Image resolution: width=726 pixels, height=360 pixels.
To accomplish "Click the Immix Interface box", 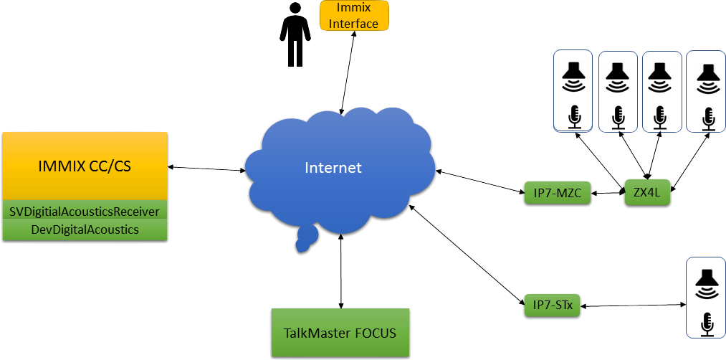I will (353, 16).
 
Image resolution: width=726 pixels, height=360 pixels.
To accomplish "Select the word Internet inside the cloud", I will (333, 168).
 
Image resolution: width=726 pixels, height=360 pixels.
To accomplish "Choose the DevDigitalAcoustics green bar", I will (85, 229).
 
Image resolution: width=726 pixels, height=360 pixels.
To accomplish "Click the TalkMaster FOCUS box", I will (340, 333).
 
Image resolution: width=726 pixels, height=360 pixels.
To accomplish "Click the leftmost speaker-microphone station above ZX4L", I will (573, 90).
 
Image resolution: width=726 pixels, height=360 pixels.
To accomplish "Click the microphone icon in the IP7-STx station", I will (706, 323).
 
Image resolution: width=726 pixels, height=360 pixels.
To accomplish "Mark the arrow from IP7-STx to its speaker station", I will (631, 306).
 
